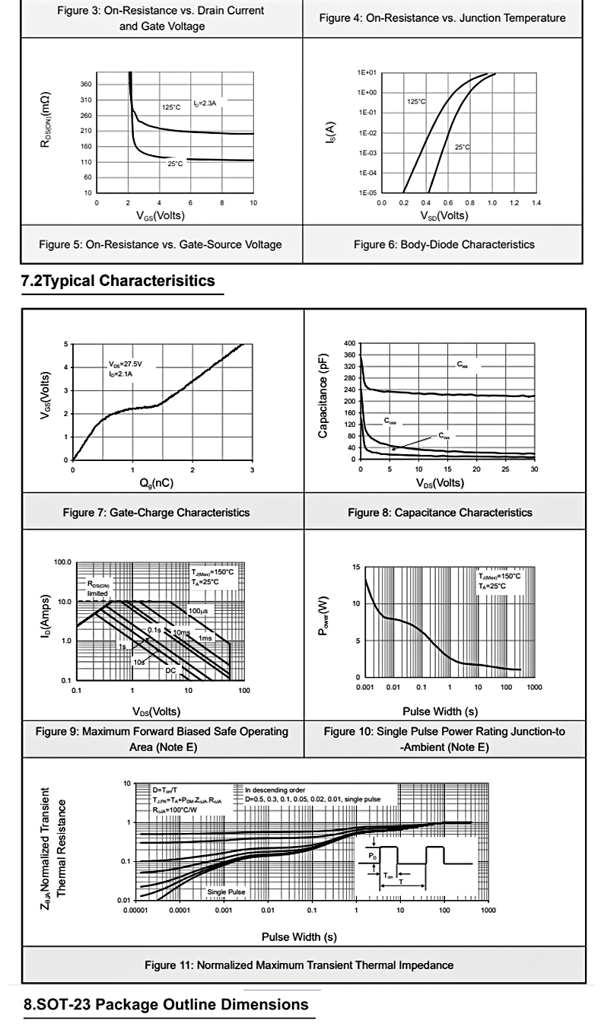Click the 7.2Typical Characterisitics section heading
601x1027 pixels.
118,281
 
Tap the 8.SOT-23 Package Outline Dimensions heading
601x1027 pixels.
166,1005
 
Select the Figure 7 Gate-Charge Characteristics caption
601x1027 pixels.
156,512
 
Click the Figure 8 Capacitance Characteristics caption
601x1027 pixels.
440,512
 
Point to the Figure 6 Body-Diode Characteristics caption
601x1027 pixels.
444,244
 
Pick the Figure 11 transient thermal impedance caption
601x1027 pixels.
299,965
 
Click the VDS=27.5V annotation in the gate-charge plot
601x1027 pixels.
125,364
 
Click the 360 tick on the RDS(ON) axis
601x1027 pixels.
85,84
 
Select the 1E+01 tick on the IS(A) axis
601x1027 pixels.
367,73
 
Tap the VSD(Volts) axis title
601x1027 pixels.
444,215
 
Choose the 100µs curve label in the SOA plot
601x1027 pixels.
199,611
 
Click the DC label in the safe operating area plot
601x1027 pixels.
170,670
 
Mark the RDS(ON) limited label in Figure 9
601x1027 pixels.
97,589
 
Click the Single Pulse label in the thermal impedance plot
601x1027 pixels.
226,891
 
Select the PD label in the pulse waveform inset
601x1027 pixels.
370,855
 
